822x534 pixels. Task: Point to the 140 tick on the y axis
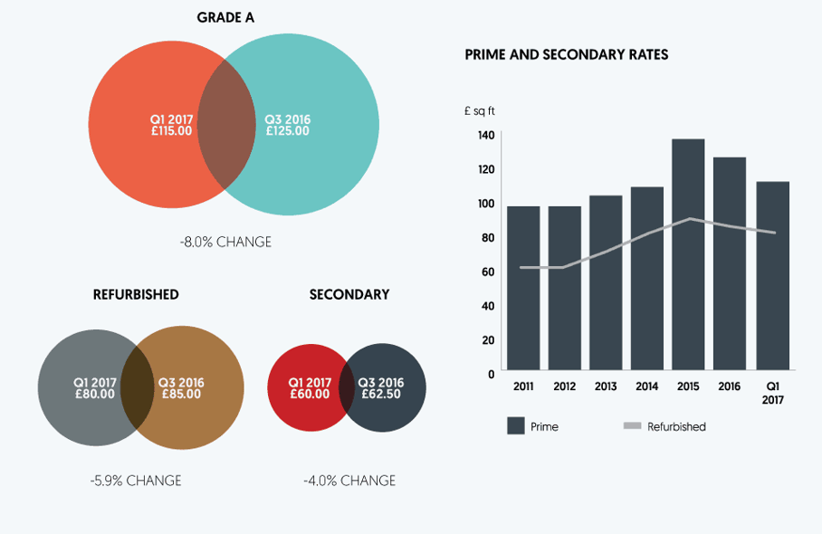click(x=486, y=135)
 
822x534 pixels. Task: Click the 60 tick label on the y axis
click(x=488, y=272)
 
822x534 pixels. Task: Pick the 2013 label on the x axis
click(x=606, y=386)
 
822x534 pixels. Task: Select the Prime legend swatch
click(x=516, y=426)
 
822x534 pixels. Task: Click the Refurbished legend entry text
click(x=676, y=426)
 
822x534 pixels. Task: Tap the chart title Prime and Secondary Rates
click(x=567, y=54)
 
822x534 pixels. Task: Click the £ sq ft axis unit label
click(x=480, y=111)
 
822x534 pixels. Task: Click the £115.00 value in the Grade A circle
click(x=172, y=131)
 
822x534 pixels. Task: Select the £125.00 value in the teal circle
click(x=288, y=131)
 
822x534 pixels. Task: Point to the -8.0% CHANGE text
click(x=225, y=243)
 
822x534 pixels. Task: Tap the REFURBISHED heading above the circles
click(x=136, y=294)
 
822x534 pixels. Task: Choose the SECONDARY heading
click(x=349, y=294)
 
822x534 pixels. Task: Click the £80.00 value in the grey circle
click(x=95, y=394)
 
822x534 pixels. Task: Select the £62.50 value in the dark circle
click(x=381, y=394)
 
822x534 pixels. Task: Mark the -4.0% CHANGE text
click(x=349, y=481)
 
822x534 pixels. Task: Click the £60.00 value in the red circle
click(x=310, y=394)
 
